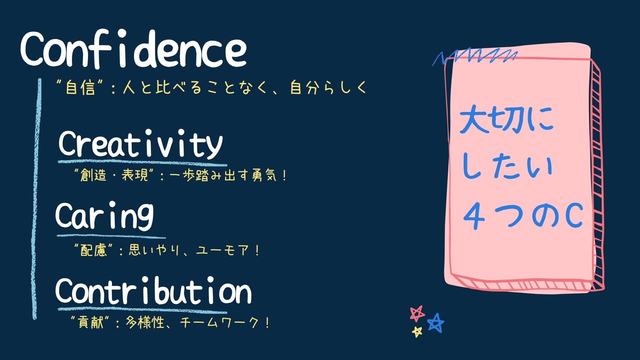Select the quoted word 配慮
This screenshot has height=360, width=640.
(94, 250)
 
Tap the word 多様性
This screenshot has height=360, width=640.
(145, 322)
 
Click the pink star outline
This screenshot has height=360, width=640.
(417, 313)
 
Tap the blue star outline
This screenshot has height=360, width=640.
(436, 322)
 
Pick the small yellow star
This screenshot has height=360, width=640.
(417, 332)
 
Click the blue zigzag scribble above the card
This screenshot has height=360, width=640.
(475, 58)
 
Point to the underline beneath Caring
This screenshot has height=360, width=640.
(111, 236)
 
